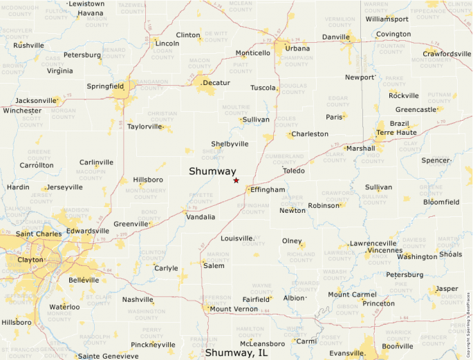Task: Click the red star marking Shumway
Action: tap(236, 180)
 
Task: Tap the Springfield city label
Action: tap(105, 86)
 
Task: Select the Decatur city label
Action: tap(216, 83)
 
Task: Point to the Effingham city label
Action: tap(268, 189)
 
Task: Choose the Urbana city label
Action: tap(298, 48)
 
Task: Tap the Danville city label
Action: tap(336, 37)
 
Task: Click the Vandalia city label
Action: tap(201, 216)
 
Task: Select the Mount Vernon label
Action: tap(234, 309)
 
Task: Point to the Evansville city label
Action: tap(347, 353)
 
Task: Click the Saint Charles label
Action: tap(39, 234)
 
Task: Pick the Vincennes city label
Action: tap(389, 250)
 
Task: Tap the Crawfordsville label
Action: tap(447, 54)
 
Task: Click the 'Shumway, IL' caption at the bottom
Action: tap(235, 353)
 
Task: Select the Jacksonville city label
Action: tap(36, 100)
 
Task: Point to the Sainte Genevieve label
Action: tap(107, 356)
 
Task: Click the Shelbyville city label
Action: tap(230, 144)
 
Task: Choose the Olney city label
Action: tap(292, 240)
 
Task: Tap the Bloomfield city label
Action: tap(441, 202)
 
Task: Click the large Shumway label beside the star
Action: tap(213, 172)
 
